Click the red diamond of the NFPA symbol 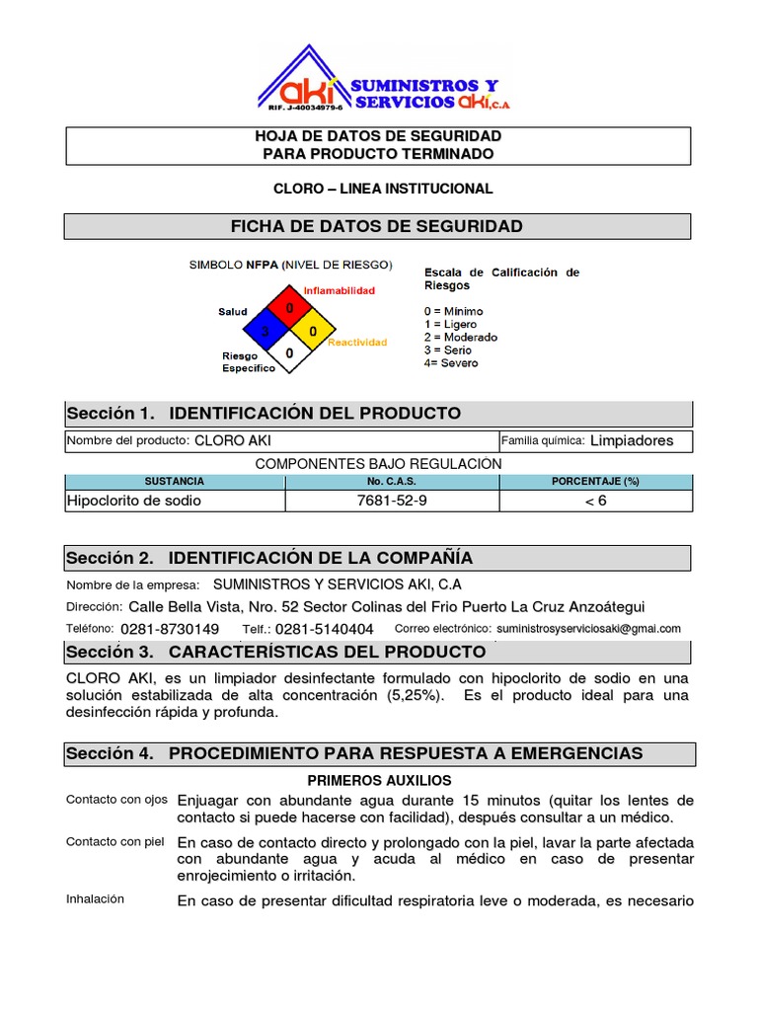click(290, 307)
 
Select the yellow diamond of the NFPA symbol click(313, 331)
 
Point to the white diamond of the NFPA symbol click(289, 352)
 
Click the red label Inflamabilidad click(339, 290)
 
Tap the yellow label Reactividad click(357, 343)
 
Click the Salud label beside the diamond click(233, 312)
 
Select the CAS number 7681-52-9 click(392, 501)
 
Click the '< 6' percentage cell click(595, 501)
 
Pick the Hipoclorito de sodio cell click(133, 501)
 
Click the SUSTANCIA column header click(175, 481)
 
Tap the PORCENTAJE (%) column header click(595, 481)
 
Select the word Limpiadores click(632, 440)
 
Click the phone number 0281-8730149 click(170, 629)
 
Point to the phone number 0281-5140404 click(325, 629)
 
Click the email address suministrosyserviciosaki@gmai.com click(588, 629)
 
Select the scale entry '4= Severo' click(450, 363)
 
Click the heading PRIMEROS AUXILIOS click(379, 780)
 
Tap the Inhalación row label click(95, 898)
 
